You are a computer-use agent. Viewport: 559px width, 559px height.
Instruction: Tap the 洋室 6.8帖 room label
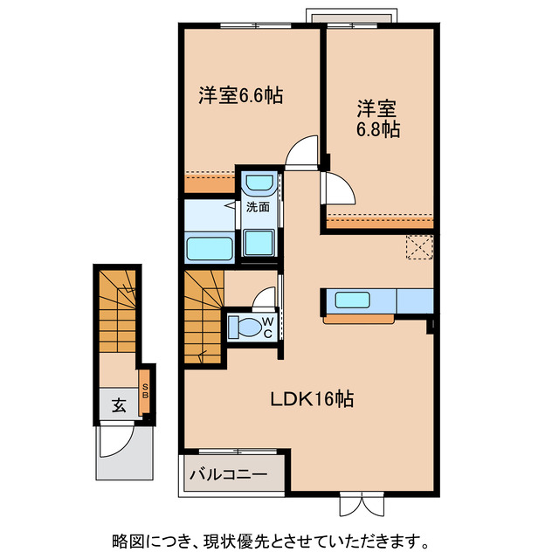[x=377, y=120]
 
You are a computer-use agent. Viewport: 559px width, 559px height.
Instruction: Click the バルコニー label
[x=229, y=476]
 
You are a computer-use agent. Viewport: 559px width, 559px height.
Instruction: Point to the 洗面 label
[x=257, y=207]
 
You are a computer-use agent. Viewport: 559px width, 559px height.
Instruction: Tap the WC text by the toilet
[x=268, y=327]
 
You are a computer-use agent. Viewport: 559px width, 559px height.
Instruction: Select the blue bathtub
[x=210, y=248]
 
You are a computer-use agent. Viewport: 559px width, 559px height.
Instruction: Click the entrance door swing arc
[x=114, y=440]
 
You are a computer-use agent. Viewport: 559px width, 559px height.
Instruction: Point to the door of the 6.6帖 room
[x=302, y=153]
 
